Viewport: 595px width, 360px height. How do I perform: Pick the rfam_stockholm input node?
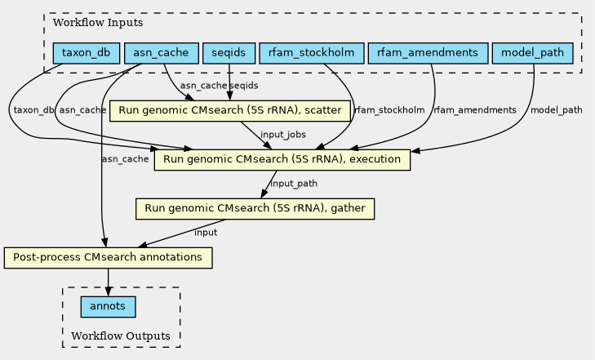coord(310,54)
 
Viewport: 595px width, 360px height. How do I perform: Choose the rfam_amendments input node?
coord(428,54)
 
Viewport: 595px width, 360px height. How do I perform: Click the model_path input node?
coord(532,54)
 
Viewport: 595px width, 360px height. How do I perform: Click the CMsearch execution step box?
coord(282,159)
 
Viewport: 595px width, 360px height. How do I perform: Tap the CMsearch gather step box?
coord(255,208)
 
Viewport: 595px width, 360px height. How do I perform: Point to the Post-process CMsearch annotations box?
coord(108,258)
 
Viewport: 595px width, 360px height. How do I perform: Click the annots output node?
coord(108,307)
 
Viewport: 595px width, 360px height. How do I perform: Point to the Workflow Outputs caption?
coord(121,336)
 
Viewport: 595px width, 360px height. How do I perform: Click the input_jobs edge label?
coord(282,134)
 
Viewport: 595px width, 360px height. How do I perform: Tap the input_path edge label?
coord(293,184)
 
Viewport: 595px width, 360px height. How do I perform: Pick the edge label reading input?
coord(206,233)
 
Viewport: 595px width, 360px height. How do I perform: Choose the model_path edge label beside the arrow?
coord(557,110)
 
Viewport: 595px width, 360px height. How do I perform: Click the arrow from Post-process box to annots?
coord(108,282)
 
